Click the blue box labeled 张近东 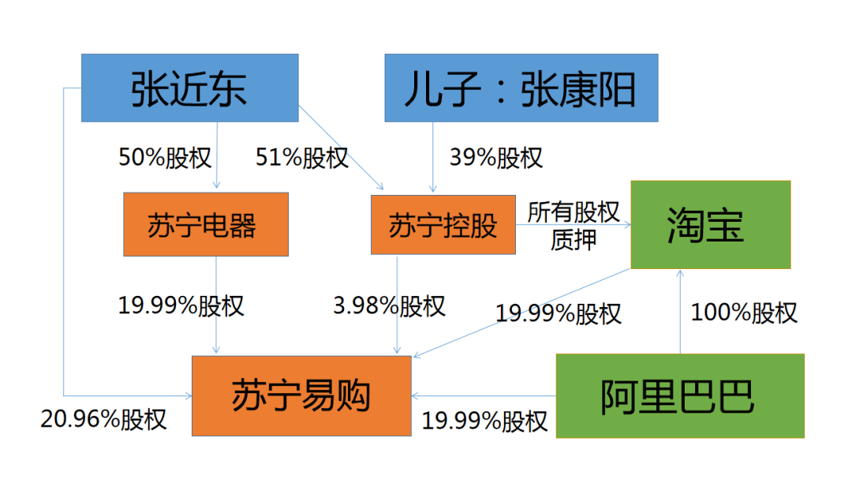189,88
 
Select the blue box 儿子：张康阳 521,88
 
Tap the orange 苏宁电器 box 206,224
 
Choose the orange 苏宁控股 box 443,225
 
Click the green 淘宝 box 711,225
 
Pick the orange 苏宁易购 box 301,396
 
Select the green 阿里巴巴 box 680,396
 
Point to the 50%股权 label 165,158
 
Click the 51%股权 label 301,158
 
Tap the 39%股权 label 495,158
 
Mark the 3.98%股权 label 389,305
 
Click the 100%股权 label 744,312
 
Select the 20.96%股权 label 103,419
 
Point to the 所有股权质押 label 574,226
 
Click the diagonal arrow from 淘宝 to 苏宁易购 521,312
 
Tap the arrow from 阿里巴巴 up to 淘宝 680,312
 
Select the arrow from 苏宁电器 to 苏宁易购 216,305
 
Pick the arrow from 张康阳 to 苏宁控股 433,157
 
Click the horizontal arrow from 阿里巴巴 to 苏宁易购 484,396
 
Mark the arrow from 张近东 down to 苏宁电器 217,155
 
